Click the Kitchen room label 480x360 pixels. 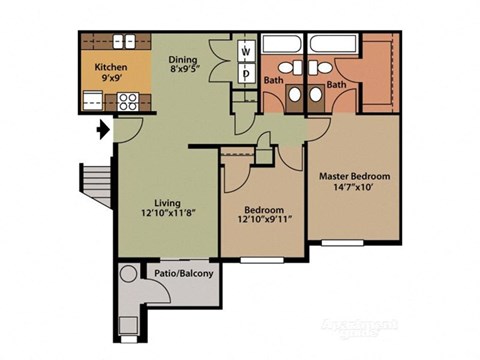(x=112, y=68)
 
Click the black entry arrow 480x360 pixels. (x=102, y=129)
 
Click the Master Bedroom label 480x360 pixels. (x=355, y=176)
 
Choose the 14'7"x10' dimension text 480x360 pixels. (x=355, y=189)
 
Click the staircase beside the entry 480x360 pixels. (x=97, y=186)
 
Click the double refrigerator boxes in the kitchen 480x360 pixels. (x=123, y=42)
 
